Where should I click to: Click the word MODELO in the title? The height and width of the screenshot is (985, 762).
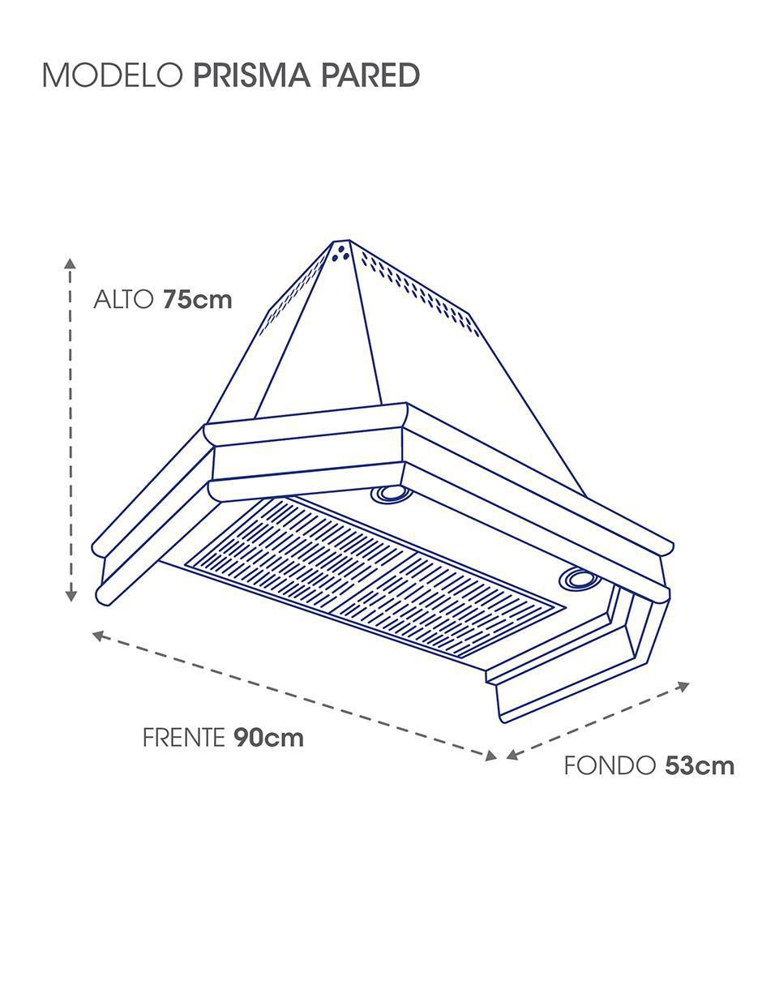point(113,75)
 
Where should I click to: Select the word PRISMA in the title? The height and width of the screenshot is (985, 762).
point(252,75)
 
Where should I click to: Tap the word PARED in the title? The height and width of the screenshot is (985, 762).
point(370,75)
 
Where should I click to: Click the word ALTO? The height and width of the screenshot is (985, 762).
point(122,300)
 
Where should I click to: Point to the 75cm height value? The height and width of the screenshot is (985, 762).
point(198,300)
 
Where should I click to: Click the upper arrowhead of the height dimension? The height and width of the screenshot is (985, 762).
point(70,263)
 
